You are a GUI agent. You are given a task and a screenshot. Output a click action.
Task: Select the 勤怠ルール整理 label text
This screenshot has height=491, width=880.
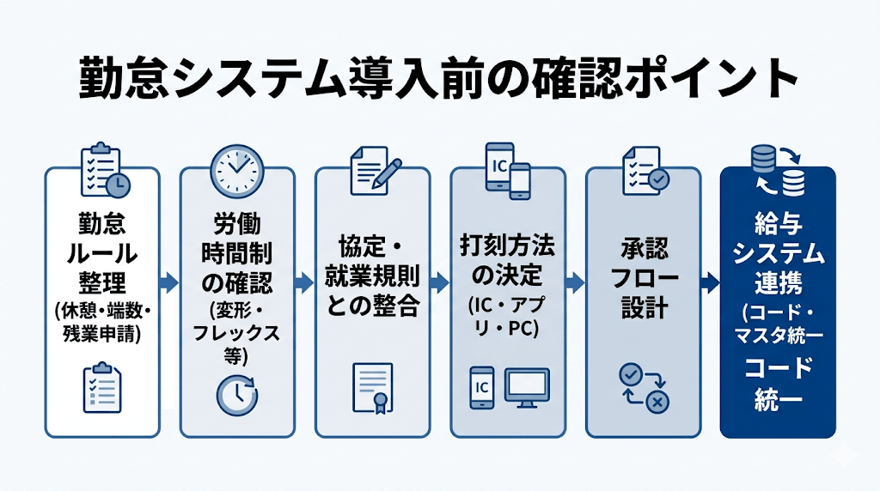(x=101, y=254)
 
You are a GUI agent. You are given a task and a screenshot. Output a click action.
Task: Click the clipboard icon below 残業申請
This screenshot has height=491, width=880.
(x=101, y=388)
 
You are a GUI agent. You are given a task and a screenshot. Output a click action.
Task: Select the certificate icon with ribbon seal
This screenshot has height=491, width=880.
(x=372, y=389)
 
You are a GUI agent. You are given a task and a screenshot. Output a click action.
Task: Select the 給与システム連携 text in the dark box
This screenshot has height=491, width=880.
(x=778, y=254)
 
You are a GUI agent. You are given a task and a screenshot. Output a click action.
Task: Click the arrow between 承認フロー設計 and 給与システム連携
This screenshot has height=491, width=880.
(x=710, y=282)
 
